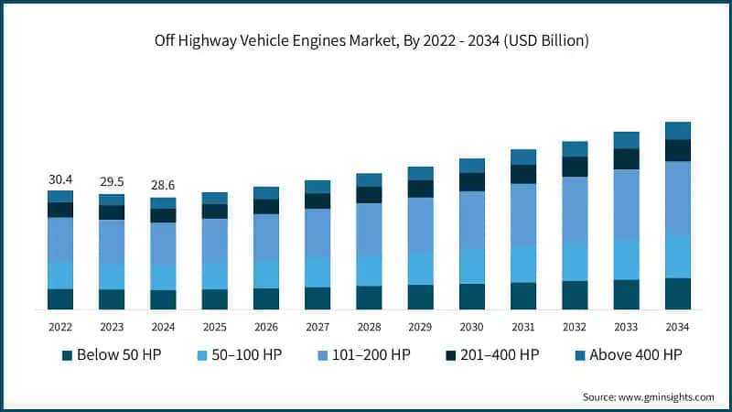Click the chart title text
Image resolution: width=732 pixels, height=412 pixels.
(366, 40)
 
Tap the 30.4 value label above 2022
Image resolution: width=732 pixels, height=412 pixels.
(60, 179)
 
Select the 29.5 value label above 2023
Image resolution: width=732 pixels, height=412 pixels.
(112, 183)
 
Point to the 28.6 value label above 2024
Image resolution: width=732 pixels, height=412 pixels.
(163, 186)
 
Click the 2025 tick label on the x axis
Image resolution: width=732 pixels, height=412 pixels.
(214, 327)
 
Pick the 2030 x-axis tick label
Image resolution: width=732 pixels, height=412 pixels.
(471, 327)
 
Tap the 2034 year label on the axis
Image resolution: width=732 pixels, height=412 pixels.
(677, 327)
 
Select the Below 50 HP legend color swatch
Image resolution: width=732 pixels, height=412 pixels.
(67, 355)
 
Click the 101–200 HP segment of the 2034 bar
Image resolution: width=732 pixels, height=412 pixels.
(677, 197)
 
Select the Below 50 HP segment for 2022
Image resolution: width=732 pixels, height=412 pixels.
(60, 299)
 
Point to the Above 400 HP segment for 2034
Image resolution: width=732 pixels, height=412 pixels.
(677, 130)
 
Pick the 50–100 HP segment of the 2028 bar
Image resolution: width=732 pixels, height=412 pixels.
(369, 270)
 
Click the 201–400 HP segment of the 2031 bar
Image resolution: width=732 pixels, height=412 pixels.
(523, 174)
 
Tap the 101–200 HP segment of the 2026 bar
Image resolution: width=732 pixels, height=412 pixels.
(266, 236)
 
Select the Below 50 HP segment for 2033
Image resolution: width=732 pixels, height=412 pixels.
(626, 295)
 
